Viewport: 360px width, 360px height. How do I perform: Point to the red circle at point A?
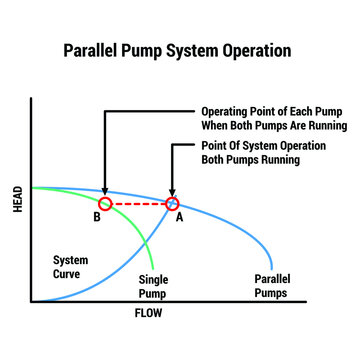(x=172, y=204)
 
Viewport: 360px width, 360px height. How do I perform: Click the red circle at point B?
(x=105, y=204)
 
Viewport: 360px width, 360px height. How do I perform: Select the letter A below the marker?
(x=179, y=217)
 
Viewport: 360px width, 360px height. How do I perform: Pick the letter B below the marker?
(x=97, y=217)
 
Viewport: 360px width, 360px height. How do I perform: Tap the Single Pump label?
(x=153, y=287)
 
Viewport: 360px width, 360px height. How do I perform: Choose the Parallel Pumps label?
(x=271, y=287)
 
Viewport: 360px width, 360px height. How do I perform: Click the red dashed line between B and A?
(x=138, y=204)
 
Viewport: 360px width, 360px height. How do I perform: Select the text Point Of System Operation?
(x=263, y=145)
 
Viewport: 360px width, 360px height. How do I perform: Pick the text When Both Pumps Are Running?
(x=273, y=126)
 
